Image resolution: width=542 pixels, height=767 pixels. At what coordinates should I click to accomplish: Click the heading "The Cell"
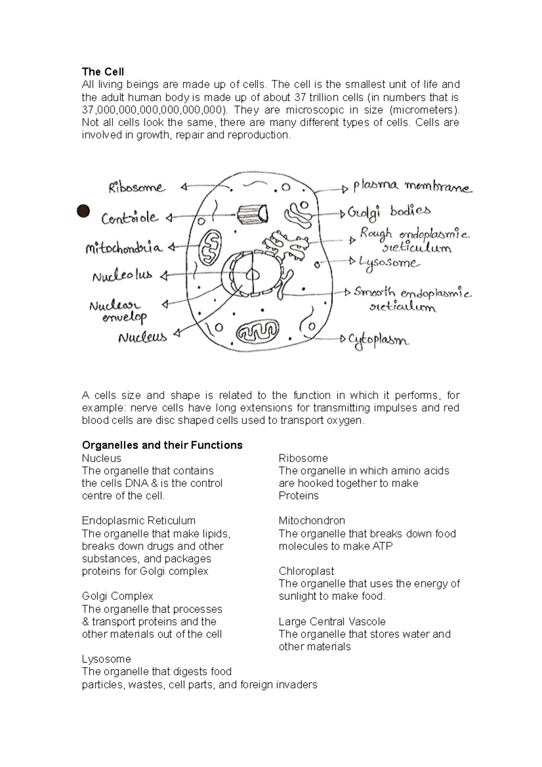pos(103,72)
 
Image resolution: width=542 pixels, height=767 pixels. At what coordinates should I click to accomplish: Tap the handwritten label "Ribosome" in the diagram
pos(137,187)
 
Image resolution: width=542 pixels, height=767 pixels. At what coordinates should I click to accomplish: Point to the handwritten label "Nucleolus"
pos(122,276)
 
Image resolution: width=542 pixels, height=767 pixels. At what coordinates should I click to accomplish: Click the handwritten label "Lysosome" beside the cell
pos(389,262)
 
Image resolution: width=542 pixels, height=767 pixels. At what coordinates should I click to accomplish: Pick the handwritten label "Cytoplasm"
pos(378,340)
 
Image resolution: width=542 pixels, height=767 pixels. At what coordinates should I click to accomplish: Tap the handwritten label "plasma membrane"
pos(412,186)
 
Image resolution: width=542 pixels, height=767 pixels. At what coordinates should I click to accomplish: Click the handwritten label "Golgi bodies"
pos(388,211)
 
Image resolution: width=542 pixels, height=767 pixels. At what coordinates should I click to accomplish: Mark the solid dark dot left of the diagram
pos(83,211)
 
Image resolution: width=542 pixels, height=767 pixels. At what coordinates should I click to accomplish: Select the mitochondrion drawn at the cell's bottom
pos(258,333)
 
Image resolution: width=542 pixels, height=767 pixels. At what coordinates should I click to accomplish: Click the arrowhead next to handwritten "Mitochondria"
pos(172,248)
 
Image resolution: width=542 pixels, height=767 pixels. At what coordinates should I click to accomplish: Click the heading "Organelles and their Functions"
pos(162,445)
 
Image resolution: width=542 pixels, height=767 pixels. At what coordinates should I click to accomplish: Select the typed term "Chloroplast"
pos(306,571)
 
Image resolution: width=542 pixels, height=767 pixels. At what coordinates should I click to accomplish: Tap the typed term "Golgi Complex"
pos(117,596)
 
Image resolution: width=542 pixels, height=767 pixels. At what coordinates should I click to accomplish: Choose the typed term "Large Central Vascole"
pos(332,622)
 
